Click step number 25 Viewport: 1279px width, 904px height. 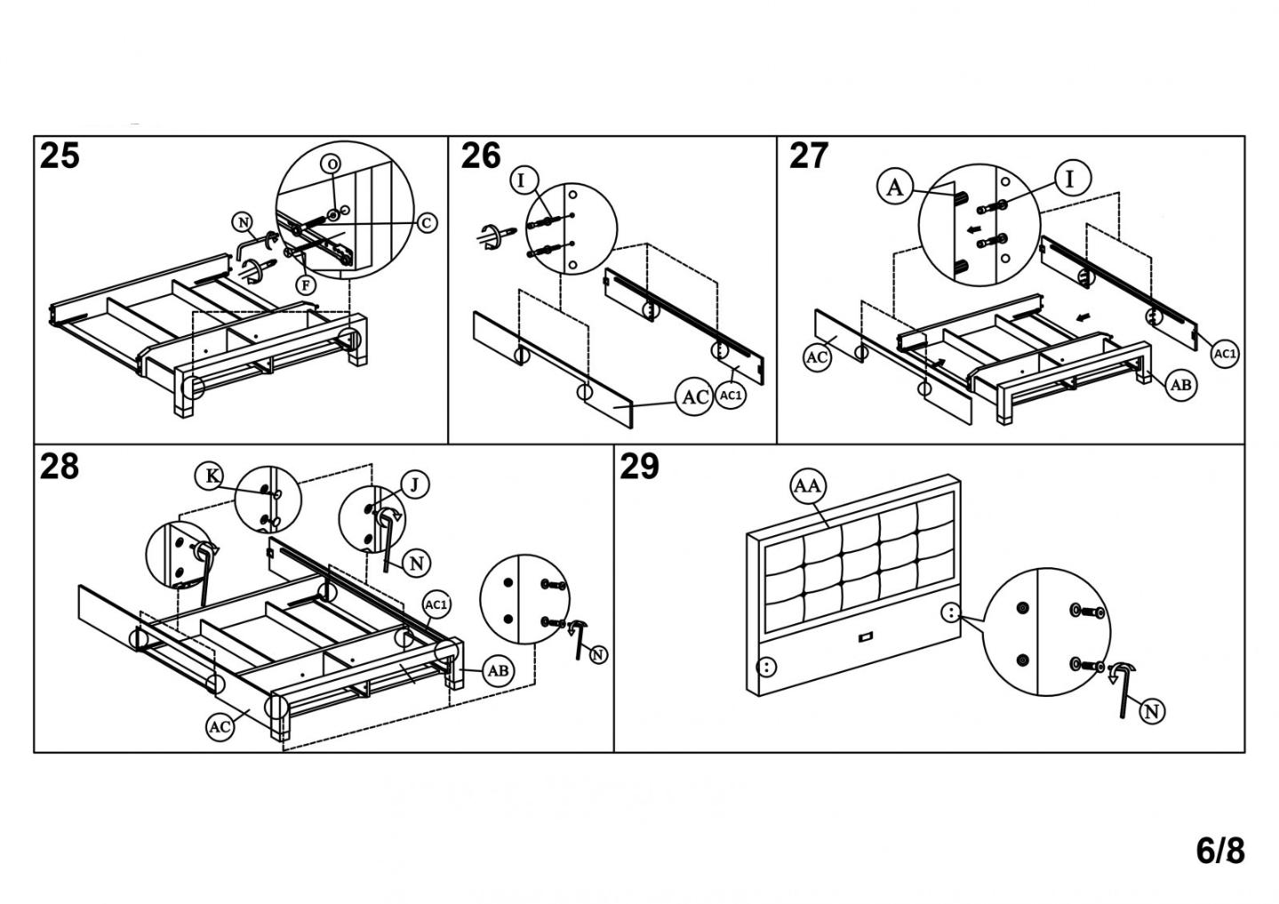(x=60, y=156)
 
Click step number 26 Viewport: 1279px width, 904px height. (x=480, y=156)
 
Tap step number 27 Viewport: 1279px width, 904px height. (x=809, y=156)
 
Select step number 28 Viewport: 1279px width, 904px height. (x=60, y=466)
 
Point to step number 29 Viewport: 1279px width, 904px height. (x=640, y=466)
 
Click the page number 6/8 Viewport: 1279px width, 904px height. (x=1220, y=851)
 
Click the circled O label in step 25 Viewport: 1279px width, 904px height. (x=332, y=164)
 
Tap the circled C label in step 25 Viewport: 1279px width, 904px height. (x=427, y=222)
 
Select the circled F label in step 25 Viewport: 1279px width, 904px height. (x=306, y=285)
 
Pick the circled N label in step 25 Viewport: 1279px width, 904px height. (x=243, y=222)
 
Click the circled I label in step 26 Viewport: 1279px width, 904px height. (x=522, y=180)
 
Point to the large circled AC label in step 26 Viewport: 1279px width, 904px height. (x=694, y=396)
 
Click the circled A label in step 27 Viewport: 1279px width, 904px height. (x=895, y=187)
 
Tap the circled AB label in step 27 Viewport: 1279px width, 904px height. (x=1180, y=384)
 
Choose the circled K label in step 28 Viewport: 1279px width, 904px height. (x=212, y=476)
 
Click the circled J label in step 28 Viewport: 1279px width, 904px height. (x=414, y=484)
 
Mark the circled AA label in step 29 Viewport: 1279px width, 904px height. (x=808, y=486)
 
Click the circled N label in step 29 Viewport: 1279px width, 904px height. (x=1152, y=710)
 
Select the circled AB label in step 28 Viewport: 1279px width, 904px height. (x=499, y=670)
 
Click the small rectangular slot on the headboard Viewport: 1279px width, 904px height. (x=865, y=637)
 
